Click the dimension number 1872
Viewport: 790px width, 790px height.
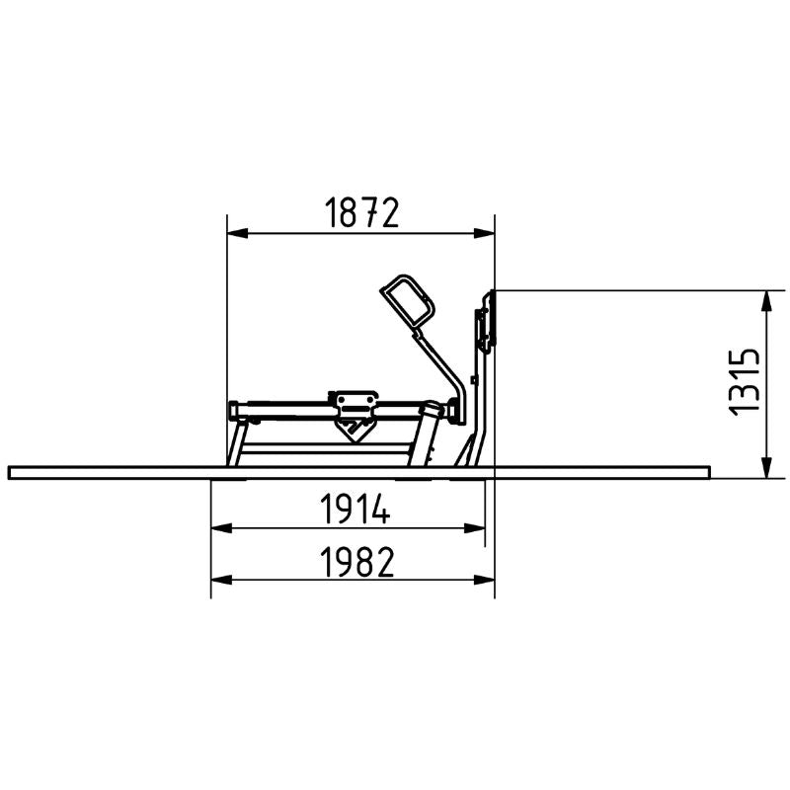tap(361, 212)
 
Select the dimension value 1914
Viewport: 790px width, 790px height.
tap(355, 510)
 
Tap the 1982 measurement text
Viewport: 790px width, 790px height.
tap(357, 562)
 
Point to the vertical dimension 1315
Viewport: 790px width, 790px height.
tap(745, 381)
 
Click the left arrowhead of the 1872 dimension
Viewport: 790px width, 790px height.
tap(237, 233)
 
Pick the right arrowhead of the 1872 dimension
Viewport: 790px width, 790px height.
tap(484, 233)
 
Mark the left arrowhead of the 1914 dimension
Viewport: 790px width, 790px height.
tap(221, 528)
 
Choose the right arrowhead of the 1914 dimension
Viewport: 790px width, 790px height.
tap(474, 528)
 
